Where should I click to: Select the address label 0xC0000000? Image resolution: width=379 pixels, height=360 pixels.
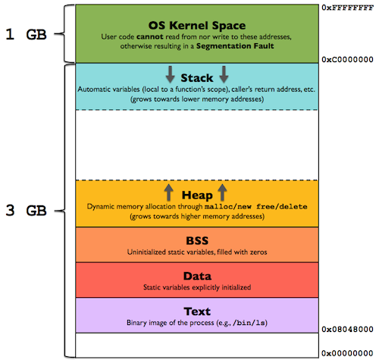click(348, 58)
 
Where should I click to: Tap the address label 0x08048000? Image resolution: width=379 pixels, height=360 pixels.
click(348, 330)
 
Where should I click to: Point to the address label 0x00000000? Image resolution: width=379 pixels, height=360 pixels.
click(348, 353)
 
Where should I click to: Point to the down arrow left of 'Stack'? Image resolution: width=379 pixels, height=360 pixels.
click(170, 74)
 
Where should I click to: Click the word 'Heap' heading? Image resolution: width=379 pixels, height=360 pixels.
click(197, 194)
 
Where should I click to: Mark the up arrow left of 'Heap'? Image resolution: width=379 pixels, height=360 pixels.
click(168, 192)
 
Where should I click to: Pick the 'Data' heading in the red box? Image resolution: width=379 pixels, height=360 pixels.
click(197, 275)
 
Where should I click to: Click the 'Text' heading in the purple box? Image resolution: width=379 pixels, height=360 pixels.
click(197, 311)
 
